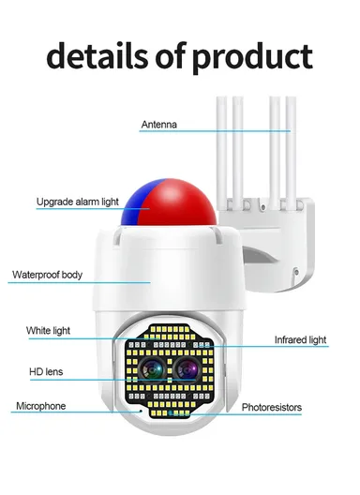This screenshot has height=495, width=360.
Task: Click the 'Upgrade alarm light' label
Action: [x=77, y=202]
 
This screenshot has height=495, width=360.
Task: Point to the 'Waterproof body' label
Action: [x=47, y=275]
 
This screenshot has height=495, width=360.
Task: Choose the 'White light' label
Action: [x=48, y=330]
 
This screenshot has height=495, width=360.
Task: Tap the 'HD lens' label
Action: [x=44, y=372]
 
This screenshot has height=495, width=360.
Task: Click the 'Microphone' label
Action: [x=40, y=406]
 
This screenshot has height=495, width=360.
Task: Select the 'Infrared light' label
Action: [x=300, y=339]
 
